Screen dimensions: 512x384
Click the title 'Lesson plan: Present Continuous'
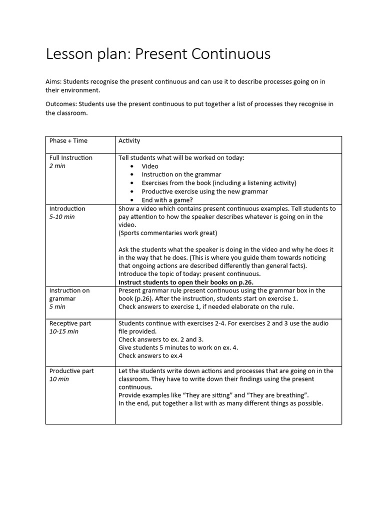pyautogui.click(x=158, y=54)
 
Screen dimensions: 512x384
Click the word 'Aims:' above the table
pyautogui.click(x=54, y=81)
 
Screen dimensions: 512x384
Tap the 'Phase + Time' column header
pyautogui.click(x=68, y=141)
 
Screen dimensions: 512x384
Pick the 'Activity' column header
pyautogui.click(x=129, y=141)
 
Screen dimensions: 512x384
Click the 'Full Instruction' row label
pyautogui.click(x=70, y=158)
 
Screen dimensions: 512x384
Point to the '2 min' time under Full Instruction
pyautogui.click(x=57, y=166)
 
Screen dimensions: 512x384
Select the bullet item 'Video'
pyautogui.click(x=149, y=166)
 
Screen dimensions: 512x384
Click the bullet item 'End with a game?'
pyautogui.click(x=167, y=200)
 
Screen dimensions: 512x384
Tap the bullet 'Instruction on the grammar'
pyautogui.click(x=181, y=174)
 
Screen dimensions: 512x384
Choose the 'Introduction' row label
pyautogui.click(x=67, y=209)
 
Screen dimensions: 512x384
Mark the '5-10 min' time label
pyautogui.click(x=62, y=217)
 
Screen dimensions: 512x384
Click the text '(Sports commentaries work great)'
pyautogui.click(x=168, y=233)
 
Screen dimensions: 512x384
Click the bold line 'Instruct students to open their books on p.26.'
pyautogui.click(x=186, y=282)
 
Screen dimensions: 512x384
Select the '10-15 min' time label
pyautogui.click(x=63, y=331)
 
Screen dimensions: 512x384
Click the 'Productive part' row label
pyautogui.click(x=71, y=371)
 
